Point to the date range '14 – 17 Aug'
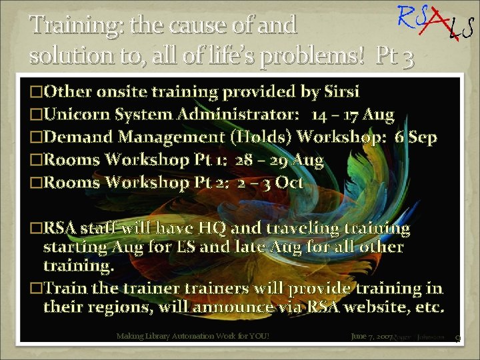tap(353, 115)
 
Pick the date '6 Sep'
tap(416, 137)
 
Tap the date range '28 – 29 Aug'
tap(279, 160)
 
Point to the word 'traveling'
tap(293, 228)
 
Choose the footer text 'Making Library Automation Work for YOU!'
tap(193, 336)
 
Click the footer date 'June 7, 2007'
tap(371, 336)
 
